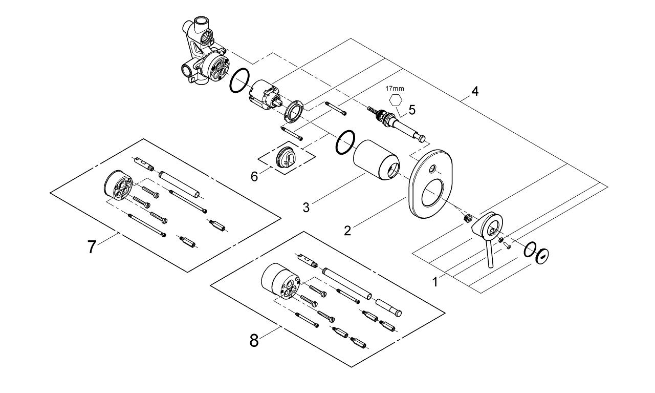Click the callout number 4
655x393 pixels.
click(475, 92)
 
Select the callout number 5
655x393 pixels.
click(412, 110)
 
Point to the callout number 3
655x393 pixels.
click(306, 207)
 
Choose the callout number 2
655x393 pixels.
click(347, 231)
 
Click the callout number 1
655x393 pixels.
click(435, 281)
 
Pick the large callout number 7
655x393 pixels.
click(92, 247)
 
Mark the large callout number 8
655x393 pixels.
click(254, 340)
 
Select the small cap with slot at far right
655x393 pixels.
click(543, 255)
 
